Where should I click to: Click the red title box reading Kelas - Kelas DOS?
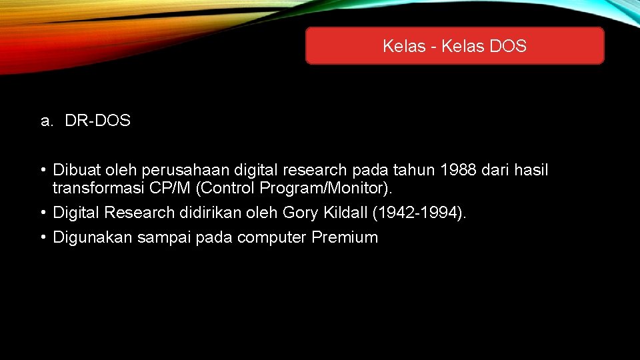pos(455,46)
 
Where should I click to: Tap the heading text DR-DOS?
pos(98,121)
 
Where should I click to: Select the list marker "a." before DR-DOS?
pos(46,121)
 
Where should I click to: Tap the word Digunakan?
pos(93,238)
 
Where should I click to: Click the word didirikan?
pos(189,213)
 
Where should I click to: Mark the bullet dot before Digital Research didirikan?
pos(43,213)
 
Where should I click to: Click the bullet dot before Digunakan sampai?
pos(43,237)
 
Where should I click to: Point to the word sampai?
pos(164,238)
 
